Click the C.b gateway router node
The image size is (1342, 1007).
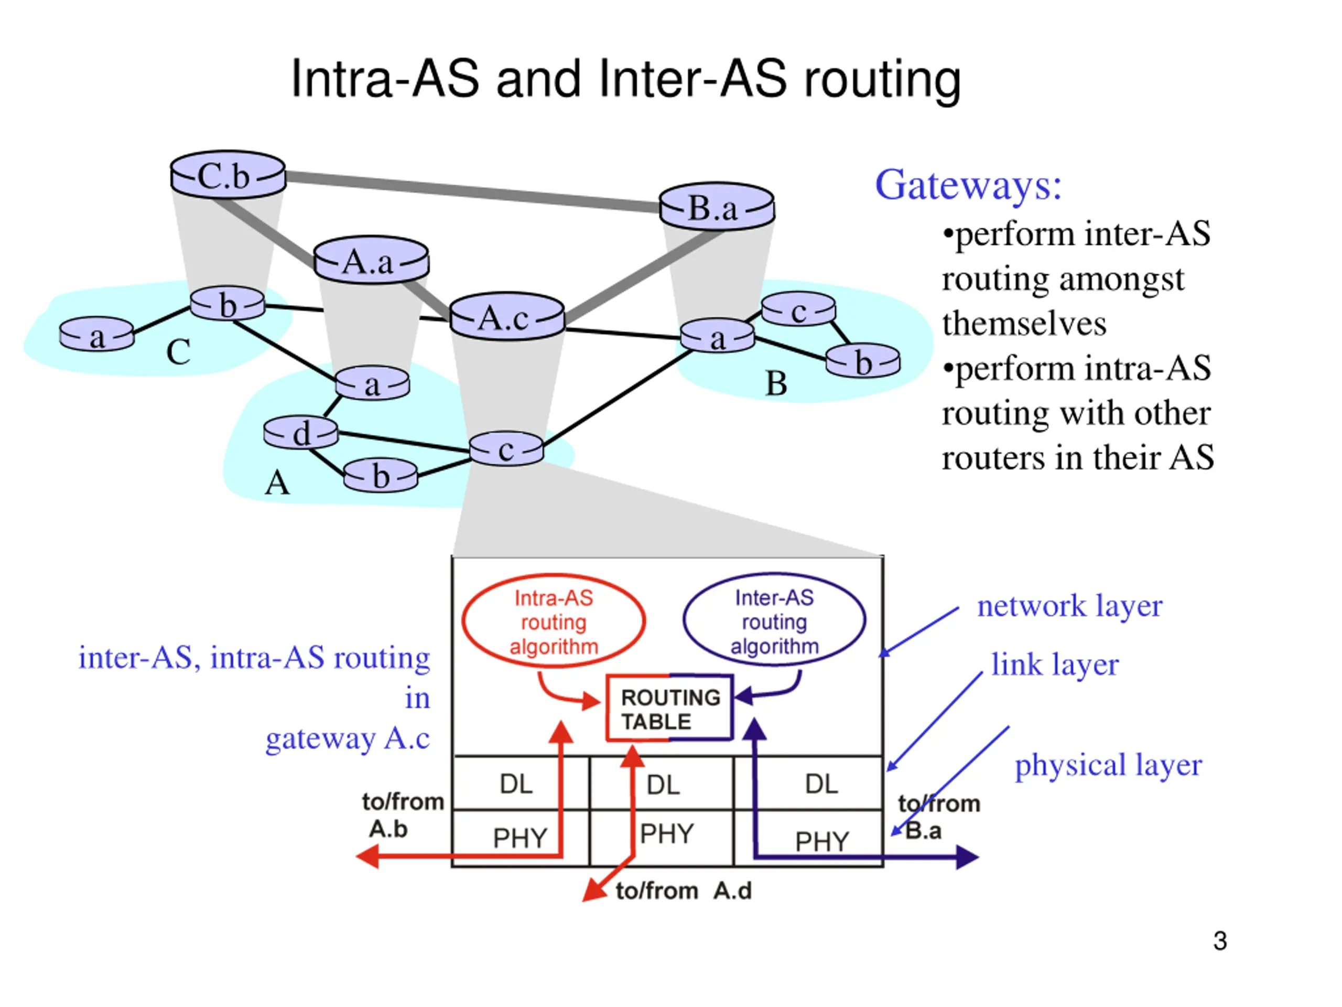228,175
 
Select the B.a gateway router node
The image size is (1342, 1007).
717,206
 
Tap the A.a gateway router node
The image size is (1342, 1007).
371,260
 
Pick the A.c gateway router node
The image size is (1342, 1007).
507,316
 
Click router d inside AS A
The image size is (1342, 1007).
301,433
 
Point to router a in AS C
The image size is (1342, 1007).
97,335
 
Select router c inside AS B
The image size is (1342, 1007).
798,309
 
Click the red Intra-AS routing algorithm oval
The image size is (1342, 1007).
553,622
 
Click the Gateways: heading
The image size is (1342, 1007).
968,185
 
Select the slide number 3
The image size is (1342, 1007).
1220,941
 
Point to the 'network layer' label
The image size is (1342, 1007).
1069,606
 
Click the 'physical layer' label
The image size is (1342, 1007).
1108,765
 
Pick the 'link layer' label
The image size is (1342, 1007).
1055,664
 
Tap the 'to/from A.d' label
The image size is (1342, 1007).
684,891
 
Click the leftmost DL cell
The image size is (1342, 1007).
521,783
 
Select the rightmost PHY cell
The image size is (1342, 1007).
808,838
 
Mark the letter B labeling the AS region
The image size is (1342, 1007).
776,383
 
